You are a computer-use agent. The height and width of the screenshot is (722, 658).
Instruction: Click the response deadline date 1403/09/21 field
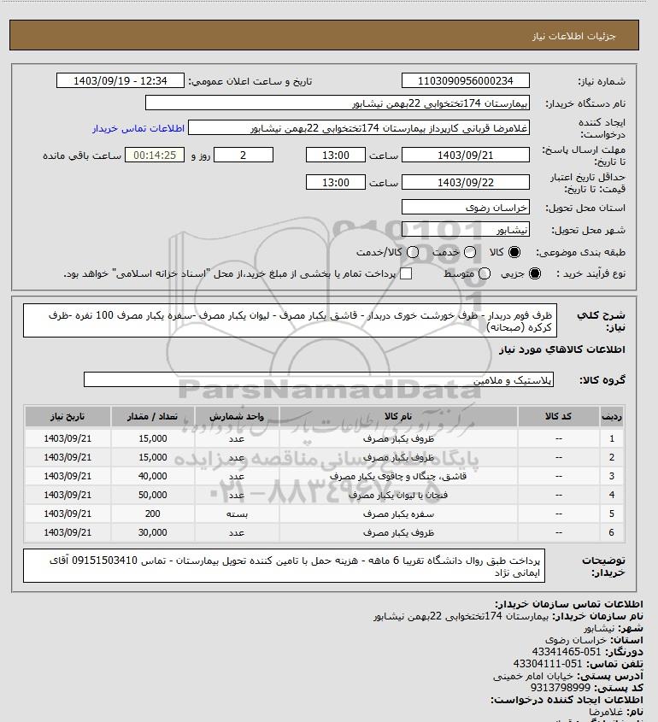coord(466,156)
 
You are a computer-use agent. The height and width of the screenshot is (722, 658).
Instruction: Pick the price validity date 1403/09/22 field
coord(466,183)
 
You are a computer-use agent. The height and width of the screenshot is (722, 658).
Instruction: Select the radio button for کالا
coord(514,253)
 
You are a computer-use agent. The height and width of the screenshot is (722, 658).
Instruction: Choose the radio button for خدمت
coord(470,253)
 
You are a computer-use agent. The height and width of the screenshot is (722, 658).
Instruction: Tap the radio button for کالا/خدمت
coord(413,253)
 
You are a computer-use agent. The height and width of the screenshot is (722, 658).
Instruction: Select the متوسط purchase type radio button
coord(485,273)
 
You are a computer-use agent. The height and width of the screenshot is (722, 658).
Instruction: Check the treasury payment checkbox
coord(406,273)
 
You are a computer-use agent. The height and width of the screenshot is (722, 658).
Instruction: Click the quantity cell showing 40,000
coord(152,476)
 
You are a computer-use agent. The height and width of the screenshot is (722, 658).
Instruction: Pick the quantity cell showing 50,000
coord(152,495)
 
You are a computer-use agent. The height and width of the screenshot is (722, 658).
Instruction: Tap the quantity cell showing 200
coord(152,514)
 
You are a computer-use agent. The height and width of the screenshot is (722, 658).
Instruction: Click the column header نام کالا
coord(398,416)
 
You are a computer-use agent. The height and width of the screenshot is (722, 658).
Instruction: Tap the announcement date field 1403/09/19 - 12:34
coord(120,81)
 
